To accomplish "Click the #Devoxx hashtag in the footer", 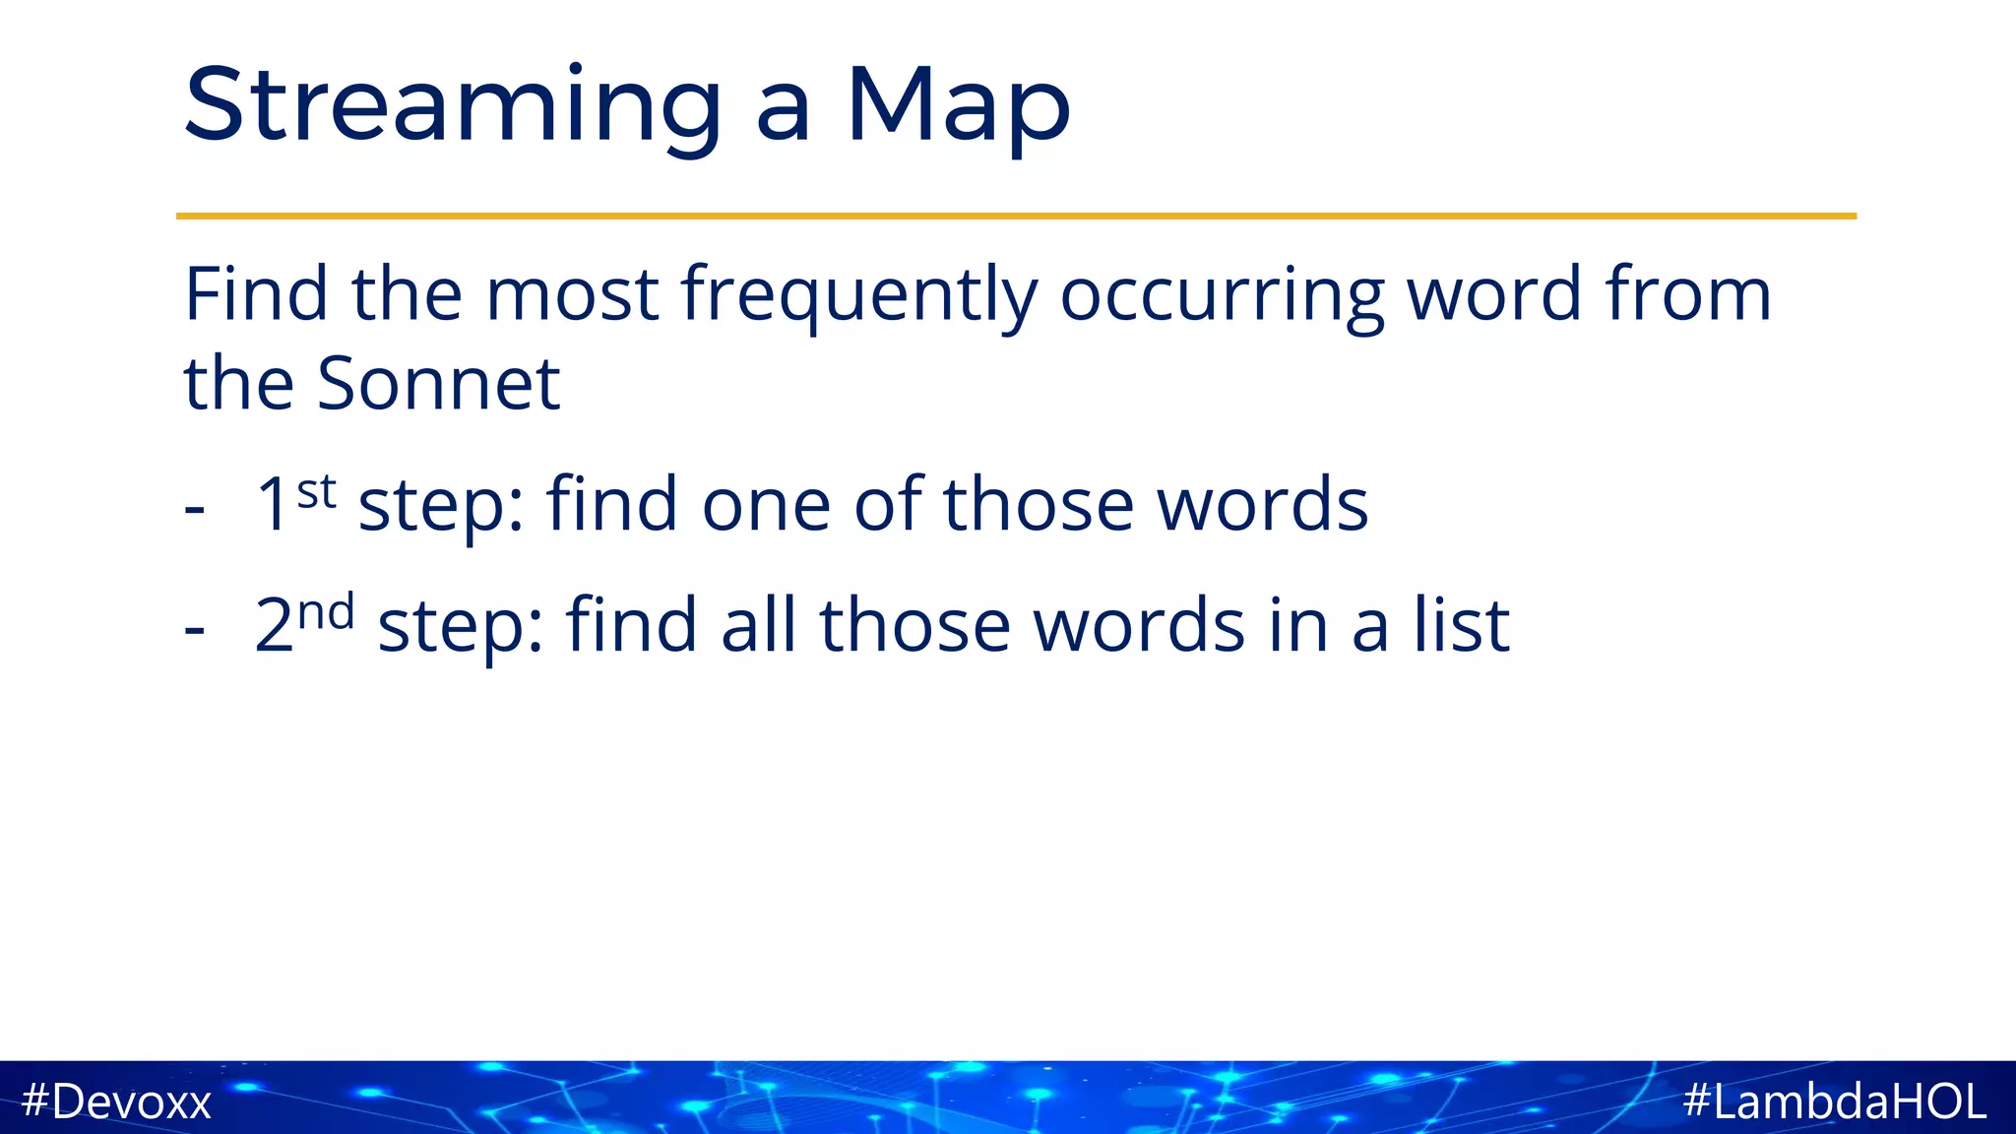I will pyautogui.click(x=116, y=1101).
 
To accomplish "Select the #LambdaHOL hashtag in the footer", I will pyautogui.click(x=1834, y=1101).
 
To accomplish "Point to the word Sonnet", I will pyautogui.click(x=438, y=383).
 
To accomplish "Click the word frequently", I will pyautogui.click(x=858, y=294).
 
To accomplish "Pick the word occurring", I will pyautogui.click(x=1222, y=294).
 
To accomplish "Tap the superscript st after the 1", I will pyautogui.click(x=316, y=490).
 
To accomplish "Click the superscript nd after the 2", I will pyautogui.click(x=326, y=612).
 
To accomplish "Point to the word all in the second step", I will pyautogui.click(x=758, y=625).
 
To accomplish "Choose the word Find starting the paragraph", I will pyautogui.click(x=256, y=294).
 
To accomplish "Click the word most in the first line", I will pyautogui.click(x=572, y=294).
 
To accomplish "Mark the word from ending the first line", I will pyautogui.click(x=1687, y=294).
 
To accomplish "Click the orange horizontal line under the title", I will pyautogui.click(x=1016, y=216).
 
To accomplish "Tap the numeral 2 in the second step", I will pyautogui.click(x=274, y=626).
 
